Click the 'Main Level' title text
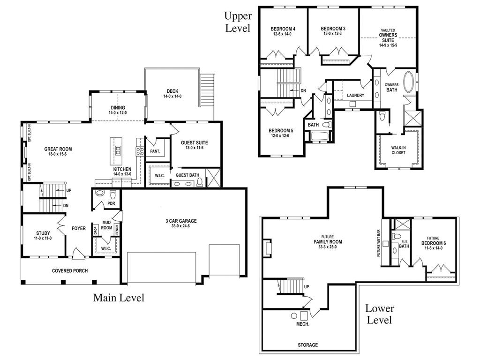click(119, 298)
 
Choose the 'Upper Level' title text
click(238, 22)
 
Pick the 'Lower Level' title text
click(380, 315)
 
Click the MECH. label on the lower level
click(302, 324)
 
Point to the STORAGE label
click(307, 345)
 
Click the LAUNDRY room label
click(356, 96)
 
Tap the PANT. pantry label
click(155, 151)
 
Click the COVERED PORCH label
click(70, 270)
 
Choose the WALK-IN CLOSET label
click(398, 150)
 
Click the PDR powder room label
click(111, 203)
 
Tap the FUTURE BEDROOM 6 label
click(433, 243)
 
